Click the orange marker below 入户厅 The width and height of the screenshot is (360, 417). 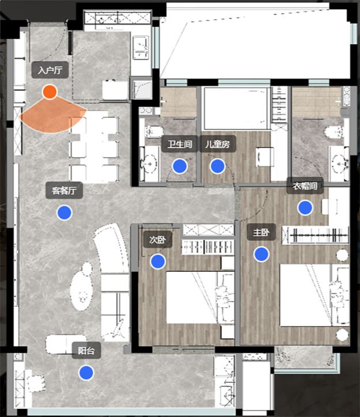click(50, 92)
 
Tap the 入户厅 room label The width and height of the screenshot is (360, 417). click(50, 70)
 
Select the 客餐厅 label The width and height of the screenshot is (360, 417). click(64, 191)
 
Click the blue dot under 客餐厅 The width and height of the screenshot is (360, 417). click(65, 213)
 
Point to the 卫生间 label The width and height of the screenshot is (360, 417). click(180, 144)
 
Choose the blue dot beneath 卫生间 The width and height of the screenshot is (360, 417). click(180, 166)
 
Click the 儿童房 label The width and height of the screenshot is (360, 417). click(218, 144)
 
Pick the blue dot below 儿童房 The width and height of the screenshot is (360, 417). click(218, 166)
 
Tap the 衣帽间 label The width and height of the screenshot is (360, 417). click(305, 185)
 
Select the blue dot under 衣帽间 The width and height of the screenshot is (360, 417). click(305, 208)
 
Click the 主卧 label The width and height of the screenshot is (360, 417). click(261, 232)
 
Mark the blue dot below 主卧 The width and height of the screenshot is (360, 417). click(262, 254)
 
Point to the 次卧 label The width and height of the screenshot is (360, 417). click(158, 240)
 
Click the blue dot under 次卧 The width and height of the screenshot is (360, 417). click(158, 261)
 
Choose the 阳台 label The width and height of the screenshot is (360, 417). click(86, 351)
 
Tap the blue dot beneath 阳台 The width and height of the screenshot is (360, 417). click(86, 373)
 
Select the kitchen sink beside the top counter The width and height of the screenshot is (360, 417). click(141, 48)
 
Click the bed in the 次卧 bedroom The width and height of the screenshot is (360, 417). click(200, 297)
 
